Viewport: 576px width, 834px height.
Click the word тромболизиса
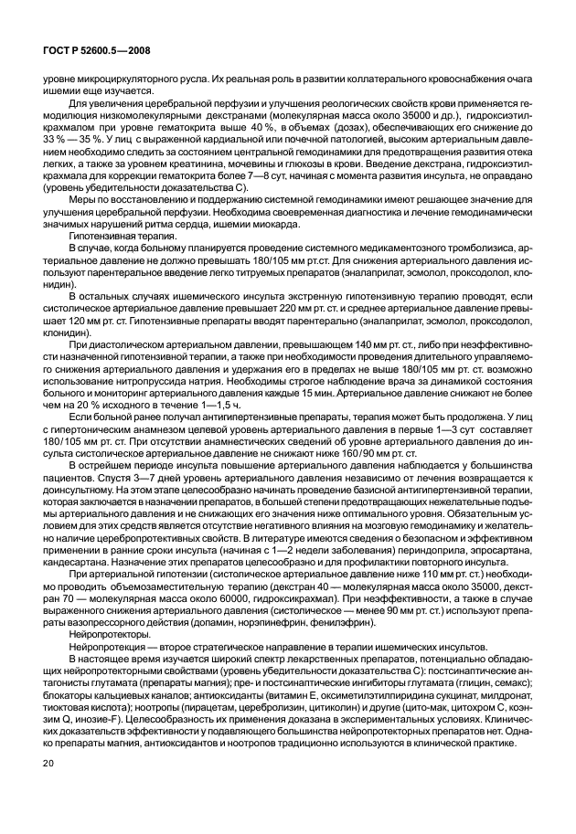(482, 248)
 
